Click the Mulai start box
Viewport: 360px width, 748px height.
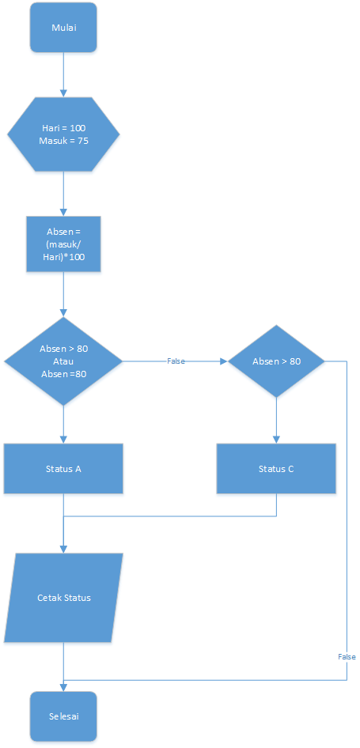tap(63, 28)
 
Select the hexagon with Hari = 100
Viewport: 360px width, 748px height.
tap(63, 134)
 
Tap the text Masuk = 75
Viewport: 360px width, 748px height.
tap(63, 141)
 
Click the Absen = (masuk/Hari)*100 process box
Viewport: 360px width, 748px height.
tap(63, 244)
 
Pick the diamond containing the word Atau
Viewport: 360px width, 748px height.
tap(63, 361)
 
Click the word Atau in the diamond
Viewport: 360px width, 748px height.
tap(63, 361)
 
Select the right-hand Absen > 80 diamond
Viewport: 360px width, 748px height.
tap(276, 361)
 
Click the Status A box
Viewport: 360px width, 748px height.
tap(63, 468)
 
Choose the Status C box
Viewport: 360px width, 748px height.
tap(276, 468)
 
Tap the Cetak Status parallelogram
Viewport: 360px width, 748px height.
tap(63, 597)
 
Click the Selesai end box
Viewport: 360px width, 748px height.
tap(63, 716)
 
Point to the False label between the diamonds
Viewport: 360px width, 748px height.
tap(176, 361)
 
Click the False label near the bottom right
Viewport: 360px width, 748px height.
tap(347, 656)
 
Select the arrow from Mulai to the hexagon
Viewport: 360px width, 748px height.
tap(63, 75)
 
